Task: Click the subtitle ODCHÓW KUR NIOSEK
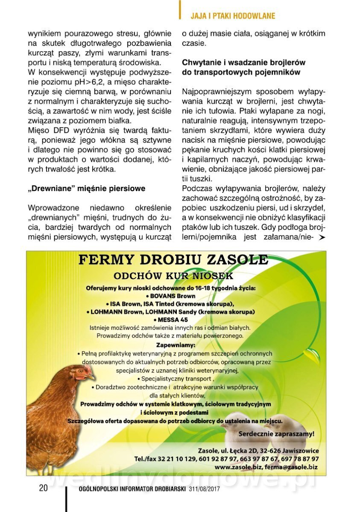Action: tap(173, 276)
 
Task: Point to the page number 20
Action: tap(43, 488)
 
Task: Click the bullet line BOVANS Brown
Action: tap(171, 296)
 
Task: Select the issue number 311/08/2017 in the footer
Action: tap(204, 489)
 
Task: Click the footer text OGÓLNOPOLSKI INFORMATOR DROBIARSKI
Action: tap(132, 489)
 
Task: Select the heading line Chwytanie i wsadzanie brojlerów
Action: tap(243, 62)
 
